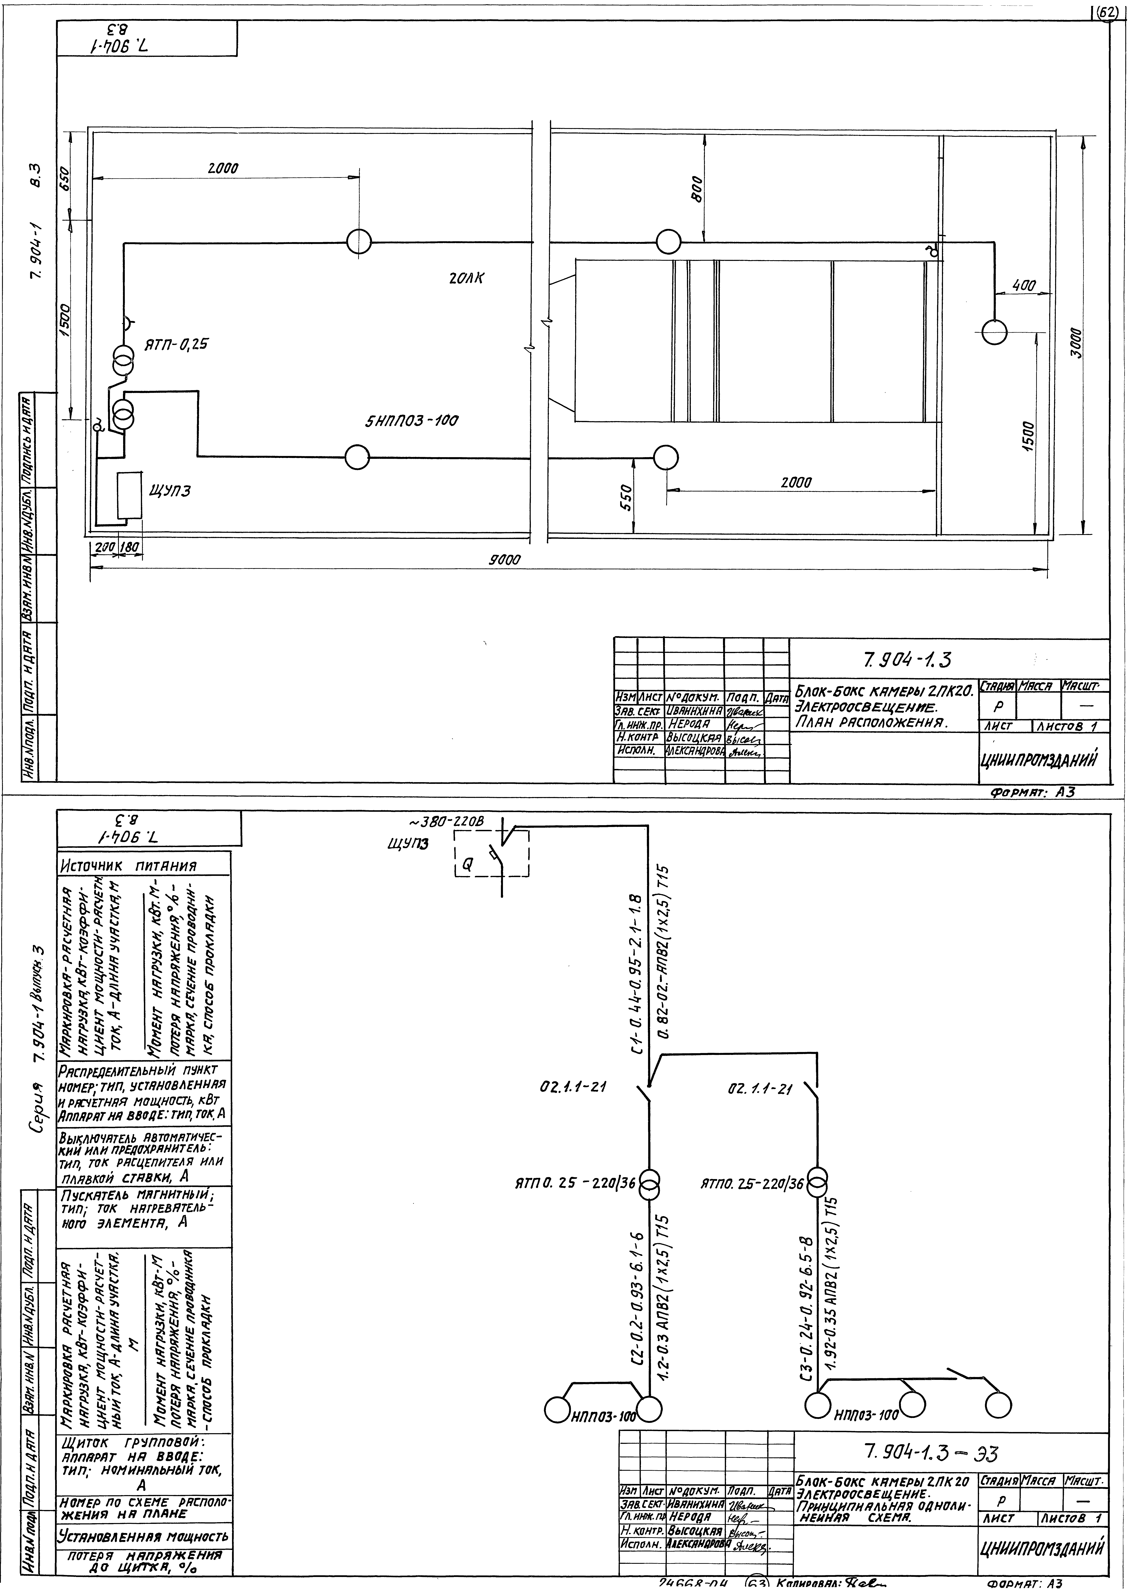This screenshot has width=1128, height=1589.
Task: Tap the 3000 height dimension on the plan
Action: (x=1075, y=342)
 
